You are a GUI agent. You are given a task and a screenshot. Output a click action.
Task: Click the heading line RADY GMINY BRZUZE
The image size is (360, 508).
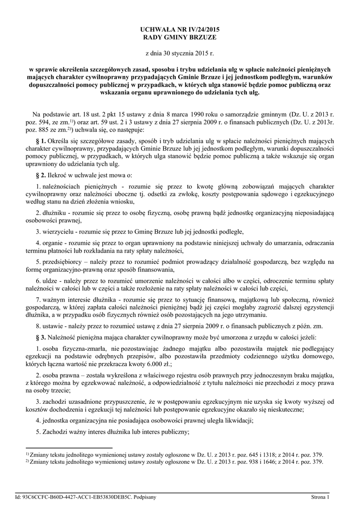coord(180,37)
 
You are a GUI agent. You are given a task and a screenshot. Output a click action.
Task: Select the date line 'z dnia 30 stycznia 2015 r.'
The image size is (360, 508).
coord(180,52)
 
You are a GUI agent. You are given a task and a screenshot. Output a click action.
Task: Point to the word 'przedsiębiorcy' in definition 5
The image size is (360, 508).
coord(63,261)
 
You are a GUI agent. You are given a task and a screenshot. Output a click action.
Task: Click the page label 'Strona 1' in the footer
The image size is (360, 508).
coord(320,497)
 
